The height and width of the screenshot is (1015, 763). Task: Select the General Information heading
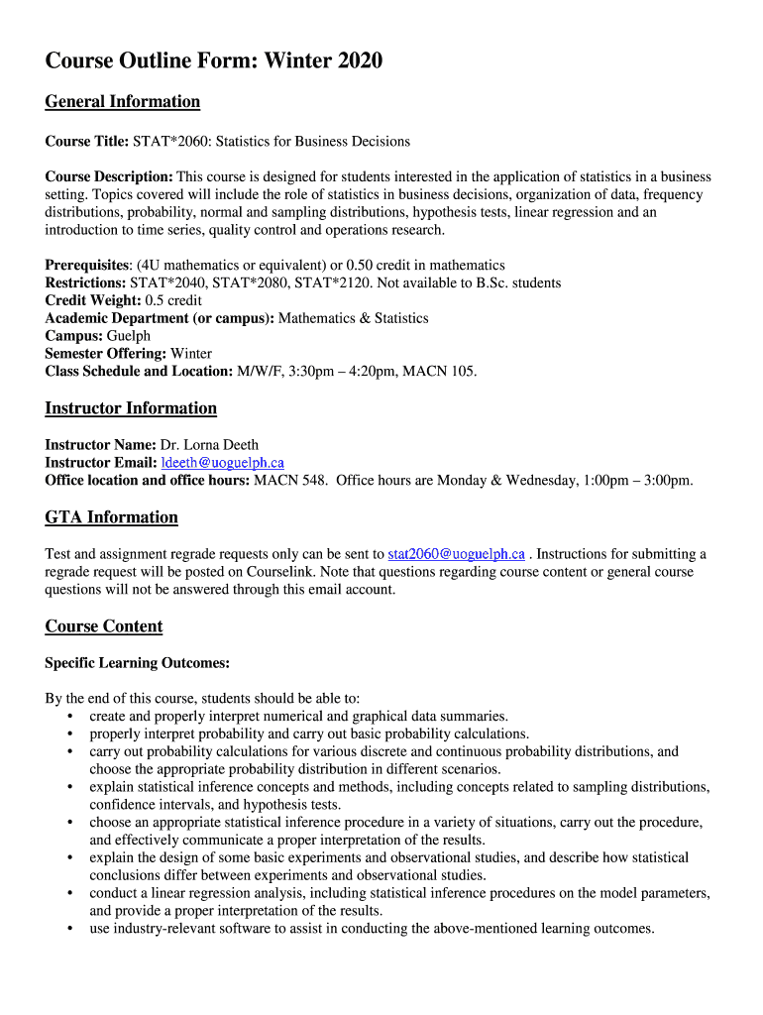click(x=123, y=101)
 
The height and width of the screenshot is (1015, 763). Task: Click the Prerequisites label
click(x=87, y=265)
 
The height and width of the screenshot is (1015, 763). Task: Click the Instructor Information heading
click(x=131, y=408)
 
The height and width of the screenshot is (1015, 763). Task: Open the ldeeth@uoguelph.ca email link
click(x=222, y=463)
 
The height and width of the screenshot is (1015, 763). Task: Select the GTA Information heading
click(x=112, y=517)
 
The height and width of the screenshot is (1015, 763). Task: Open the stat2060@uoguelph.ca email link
click(x=456, y=554)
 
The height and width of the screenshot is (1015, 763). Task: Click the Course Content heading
click(x=104, y=626)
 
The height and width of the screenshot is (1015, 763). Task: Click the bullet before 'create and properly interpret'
click(x=69, y=716)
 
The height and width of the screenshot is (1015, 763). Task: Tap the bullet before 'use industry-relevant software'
click(x=69, y=929)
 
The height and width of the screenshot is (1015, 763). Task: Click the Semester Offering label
click(x=106, y=354)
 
